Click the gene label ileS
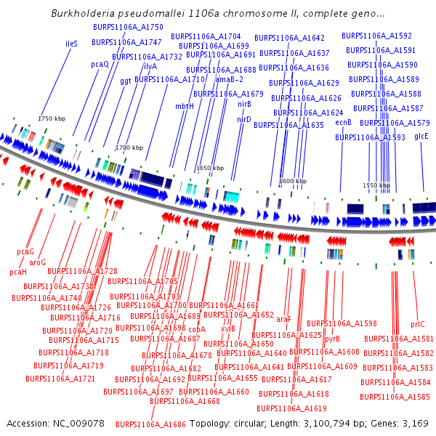[71, 44]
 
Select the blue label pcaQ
[100, 64]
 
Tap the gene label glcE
[421, 136]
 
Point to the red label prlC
[417, 324]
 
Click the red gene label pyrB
[332, 338]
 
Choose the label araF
[283, 318]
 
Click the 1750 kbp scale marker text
[52, 118]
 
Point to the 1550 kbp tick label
[376, 185]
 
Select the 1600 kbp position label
[293, 181]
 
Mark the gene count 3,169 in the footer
[414, 423]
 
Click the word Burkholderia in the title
[82, 14]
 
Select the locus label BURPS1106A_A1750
[128, 27]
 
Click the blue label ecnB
[344, 123]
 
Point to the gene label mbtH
[185, 105]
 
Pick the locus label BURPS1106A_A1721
[60, 379]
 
